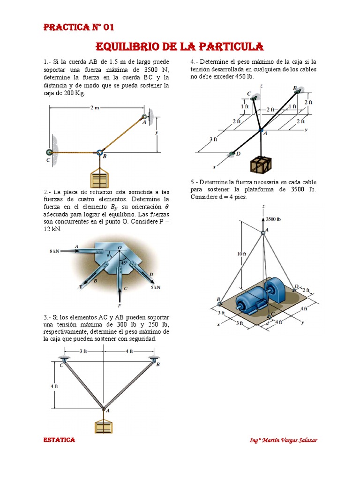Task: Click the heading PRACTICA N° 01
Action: tap(79, 27)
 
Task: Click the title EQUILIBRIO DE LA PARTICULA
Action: tap(180, 46)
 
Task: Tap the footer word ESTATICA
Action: tap(59, 440)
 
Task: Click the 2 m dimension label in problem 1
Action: tap(95, 108)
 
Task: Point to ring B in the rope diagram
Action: tap(99, 152)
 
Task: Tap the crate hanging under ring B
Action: tap(100, 180)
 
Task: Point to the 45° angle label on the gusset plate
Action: tap(124, 263)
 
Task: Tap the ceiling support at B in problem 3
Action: tap(153, 359)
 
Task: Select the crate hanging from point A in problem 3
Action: tap(103, 426)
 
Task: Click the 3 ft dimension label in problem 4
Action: tap(214, 139)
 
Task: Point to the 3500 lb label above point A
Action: tap(274, 219)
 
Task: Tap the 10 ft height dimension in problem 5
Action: tap(241, 254)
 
